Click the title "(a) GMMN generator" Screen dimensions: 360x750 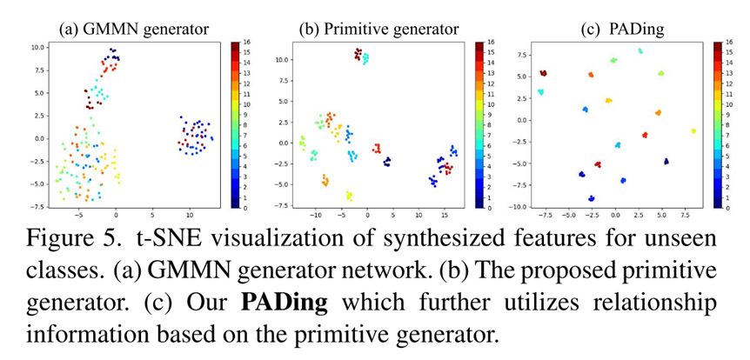click(x=133, y=29)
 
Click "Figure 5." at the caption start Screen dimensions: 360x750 click(x=57, y=237)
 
